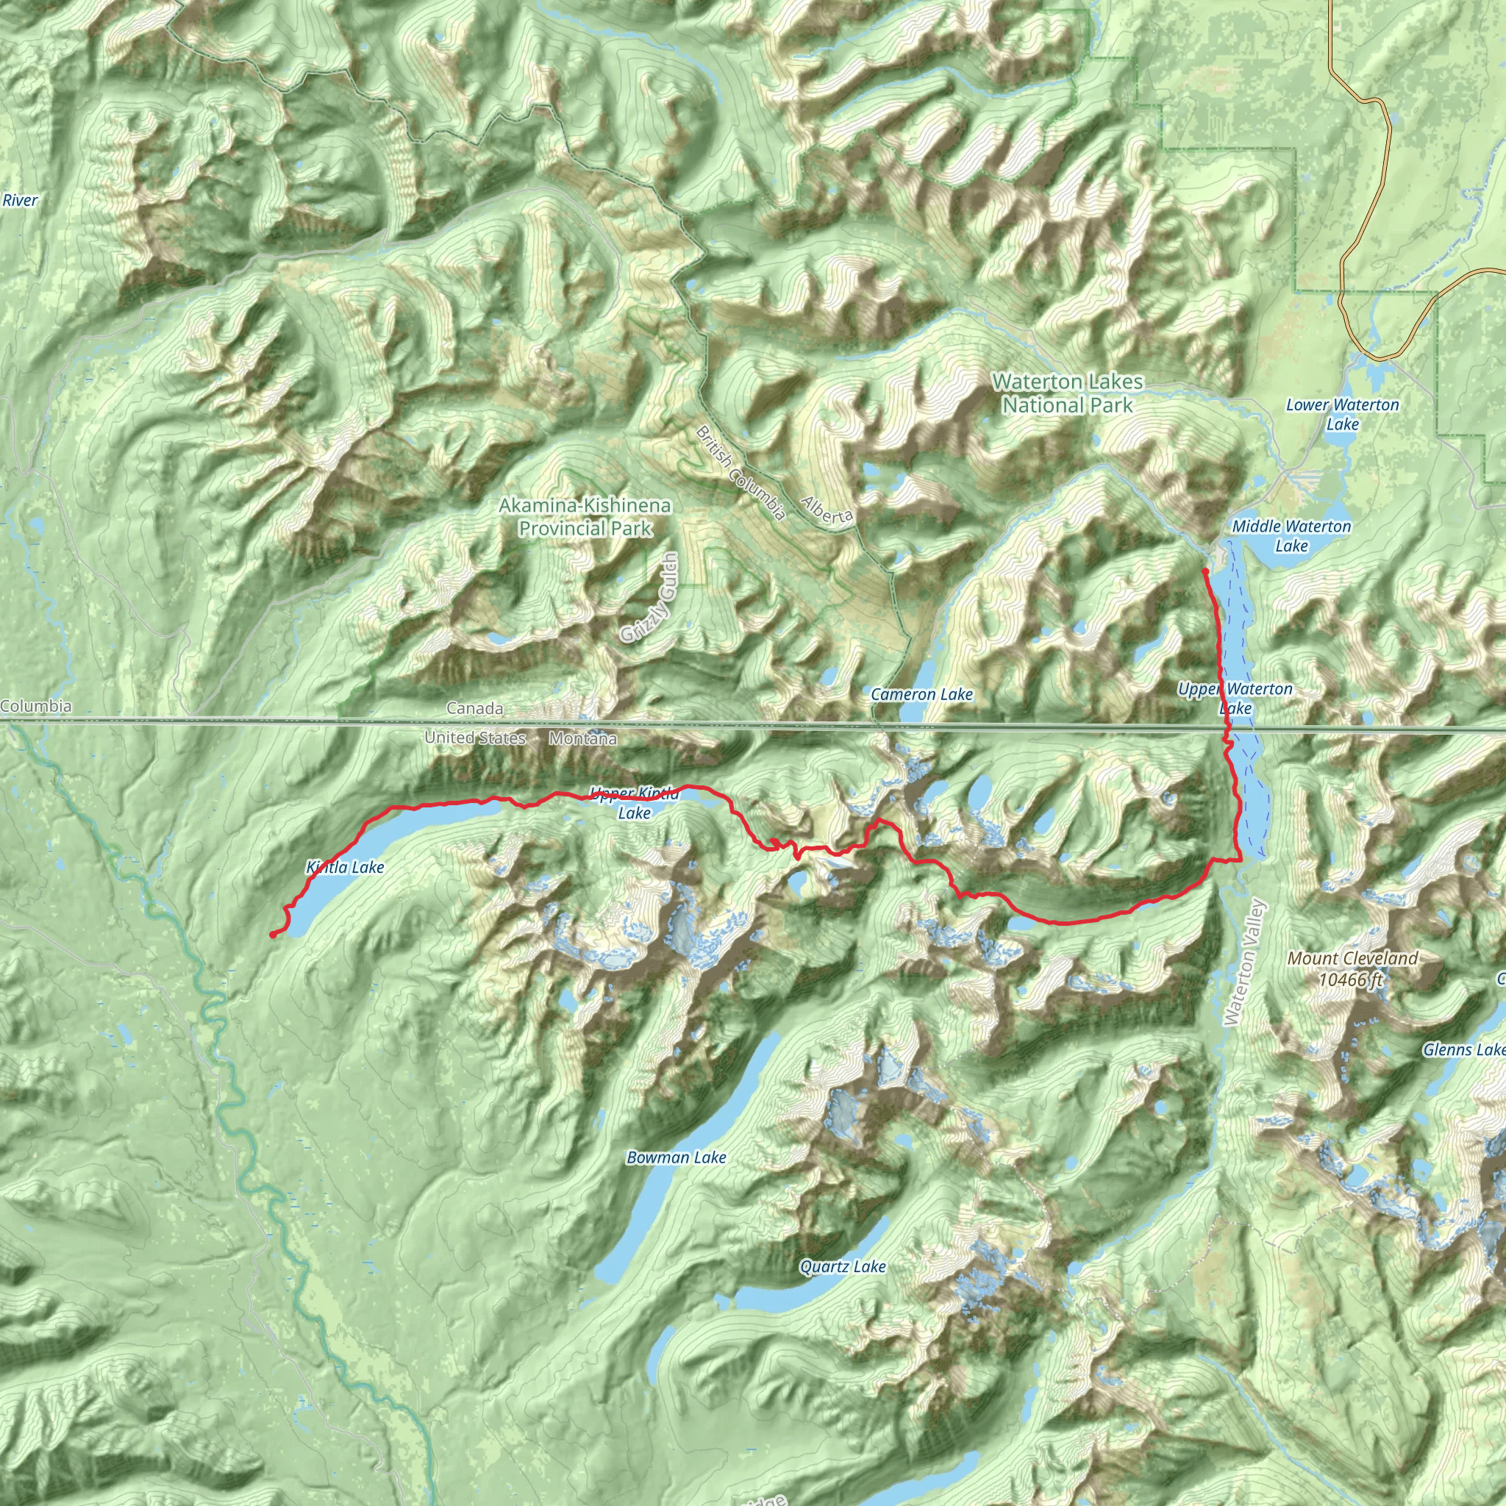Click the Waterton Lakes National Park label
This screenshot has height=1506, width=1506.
[x=1067, y=393]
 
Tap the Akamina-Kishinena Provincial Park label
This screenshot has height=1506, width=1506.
[x=585, y=517]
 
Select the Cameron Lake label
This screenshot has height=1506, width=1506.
[x=921, y=694]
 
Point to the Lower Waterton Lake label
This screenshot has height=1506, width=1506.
[x=1342, y=415]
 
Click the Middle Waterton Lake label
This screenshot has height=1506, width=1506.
[x=1291, y=535]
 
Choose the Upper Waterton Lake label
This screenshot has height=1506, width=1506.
[x=1235, y=699]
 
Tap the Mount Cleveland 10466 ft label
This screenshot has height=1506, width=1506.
[x=1352, y=968]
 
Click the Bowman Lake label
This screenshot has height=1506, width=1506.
[x=677, y=1157]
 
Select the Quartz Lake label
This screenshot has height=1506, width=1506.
[x=843, y=1267]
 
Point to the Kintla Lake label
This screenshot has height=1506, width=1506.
[x=346, y=867]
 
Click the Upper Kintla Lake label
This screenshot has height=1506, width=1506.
[x=635, y=803]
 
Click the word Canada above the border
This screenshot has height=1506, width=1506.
[x=475, y=709]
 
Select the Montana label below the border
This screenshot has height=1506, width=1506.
[x=583, y=738]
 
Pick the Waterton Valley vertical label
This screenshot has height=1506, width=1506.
[x=1245, y=963]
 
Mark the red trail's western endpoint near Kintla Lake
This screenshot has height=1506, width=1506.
[x=271, y=935]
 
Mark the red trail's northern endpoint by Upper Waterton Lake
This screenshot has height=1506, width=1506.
[x=1205, y=571]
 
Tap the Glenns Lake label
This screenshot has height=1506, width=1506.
[x=1464, y=1050]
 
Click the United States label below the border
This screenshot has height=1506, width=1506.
[x=475, y=738]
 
